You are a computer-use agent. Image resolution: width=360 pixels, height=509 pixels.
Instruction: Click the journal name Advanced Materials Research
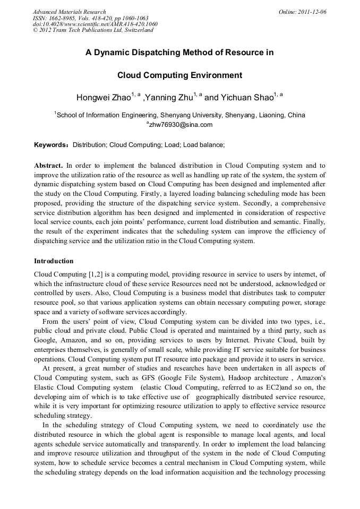tap(69, 12)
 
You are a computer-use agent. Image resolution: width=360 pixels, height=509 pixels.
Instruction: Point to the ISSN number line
tap(90, 18)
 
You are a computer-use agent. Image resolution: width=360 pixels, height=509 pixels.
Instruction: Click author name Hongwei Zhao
tap(104, 98)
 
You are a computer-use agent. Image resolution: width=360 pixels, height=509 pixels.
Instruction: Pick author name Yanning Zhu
tap(169, 98)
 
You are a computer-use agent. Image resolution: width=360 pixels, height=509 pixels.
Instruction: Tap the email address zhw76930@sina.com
tap(180, 125)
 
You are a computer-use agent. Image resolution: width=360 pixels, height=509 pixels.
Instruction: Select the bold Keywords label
tap(51, 144)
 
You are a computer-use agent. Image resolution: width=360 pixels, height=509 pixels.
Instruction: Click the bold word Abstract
tap(48, 166)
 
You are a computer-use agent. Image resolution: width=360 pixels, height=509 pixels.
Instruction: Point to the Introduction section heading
tap(54, 261)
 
